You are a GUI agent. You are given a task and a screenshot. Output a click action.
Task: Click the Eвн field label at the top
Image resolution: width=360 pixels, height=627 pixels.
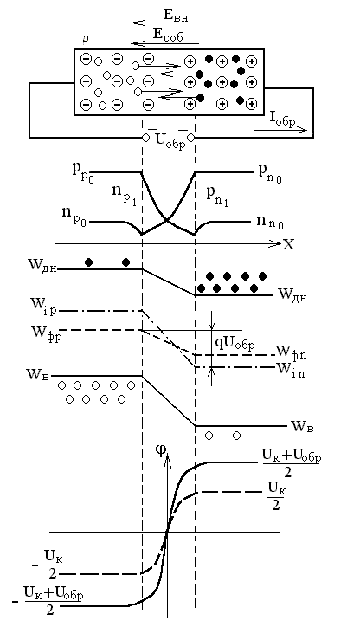pyautogui.click(x=176, y=16)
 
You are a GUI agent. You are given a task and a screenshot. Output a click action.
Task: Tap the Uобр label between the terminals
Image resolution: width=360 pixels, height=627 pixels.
pyautogui.click(x=170, y=141)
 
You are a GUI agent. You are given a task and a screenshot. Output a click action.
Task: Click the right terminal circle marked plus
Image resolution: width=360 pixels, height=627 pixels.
pyautogui.click(x=191, y=138)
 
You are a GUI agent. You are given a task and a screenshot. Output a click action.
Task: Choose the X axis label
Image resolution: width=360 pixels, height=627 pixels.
pyautogui.click(x=288, y=244)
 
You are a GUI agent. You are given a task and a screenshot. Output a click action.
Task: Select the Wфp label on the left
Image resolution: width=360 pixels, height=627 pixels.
pyautogui.click(x=44, y=333)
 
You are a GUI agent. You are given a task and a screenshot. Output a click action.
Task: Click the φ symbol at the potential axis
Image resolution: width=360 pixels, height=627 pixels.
pyautogui.click(x=161, y=449)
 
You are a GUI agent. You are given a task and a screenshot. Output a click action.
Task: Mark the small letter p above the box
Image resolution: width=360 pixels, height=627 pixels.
pyautogui.click(x=86, y=39)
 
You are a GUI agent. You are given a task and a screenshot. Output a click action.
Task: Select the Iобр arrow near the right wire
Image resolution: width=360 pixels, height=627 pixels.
pyautogui.click(x=281, y=130)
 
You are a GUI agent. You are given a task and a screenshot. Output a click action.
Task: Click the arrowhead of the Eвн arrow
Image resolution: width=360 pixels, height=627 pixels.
pyautogui.click(x=135, y=23)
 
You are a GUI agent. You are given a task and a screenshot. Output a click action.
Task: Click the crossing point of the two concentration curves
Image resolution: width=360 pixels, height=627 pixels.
pyautogui.click(x=167, y=219)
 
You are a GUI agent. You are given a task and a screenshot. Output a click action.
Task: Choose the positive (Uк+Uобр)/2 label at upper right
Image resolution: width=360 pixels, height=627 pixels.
pyautogui.click(x=291, y=463)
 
